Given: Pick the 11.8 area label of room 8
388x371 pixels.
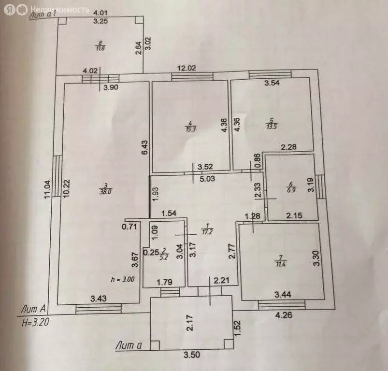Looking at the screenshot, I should (100, 47).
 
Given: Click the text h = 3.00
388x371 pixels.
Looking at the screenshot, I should (123, 279).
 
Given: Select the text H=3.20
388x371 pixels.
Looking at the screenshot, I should (38, 319).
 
